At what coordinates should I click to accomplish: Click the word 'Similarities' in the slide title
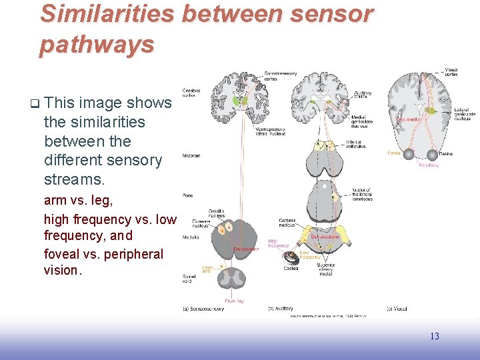pyautogui.click(x=106, y=13)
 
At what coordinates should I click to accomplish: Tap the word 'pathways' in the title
pyautogui.click(x=97, y=44)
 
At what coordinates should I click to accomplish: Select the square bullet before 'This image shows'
pyautogui.click(x=34, y=103)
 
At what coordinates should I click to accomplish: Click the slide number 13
pyautogui.click(x=434, y=336)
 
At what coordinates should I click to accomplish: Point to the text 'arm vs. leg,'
pyautogui.click(x=78, y=201)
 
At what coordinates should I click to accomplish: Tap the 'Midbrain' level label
pyautogui.click(x=191, y=156)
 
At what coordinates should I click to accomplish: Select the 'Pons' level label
pyautogui.click(x=188, y=195)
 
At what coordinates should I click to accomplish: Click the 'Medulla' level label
pyautogui.click(x=190, y=237)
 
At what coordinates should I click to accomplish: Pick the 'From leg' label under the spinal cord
pyautogui.click(x=234, y=300)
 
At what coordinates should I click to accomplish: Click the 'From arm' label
pyautogui.click(x=207, y=270)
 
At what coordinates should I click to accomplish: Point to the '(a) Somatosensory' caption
pyautogui.click(x=203, y=309)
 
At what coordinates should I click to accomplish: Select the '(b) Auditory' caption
pyautogui.click(x=281, y=309)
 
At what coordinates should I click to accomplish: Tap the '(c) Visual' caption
pyautogui.click(x=398, y=309)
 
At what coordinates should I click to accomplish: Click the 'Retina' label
pyautogui.click(x=446, y=154)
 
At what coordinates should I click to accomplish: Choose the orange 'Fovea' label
pyautogui.click(x=394, y=153)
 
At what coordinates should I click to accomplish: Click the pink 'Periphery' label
pyautogui.click(x=429, y=165)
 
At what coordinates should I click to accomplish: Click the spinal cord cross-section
pyautogui.click(x=231, y=274)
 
